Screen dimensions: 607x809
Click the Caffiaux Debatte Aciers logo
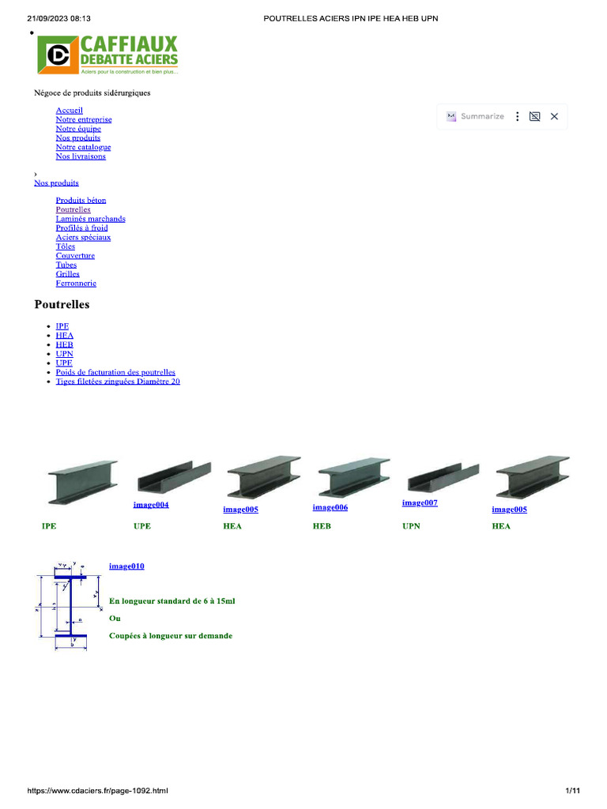point(107,55)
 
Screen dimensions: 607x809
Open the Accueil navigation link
point(70,111)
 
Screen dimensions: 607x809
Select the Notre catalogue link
point(83,147)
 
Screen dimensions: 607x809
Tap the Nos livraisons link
point(81,156)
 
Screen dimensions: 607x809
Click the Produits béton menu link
point(81,200)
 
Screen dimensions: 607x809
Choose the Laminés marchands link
point(90,219)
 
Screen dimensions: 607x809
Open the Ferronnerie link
point(76,284)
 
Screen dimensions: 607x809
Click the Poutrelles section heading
point(62,304)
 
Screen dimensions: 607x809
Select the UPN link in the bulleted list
point(65,354)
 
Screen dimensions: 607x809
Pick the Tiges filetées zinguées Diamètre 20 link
point(118,382)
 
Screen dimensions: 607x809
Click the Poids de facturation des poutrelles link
point(115,372)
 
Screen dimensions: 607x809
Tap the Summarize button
point(475,117)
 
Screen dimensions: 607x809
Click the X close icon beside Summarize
point(554,117)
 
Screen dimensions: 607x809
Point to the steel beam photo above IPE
point(82,482)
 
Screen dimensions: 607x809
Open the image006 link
point(330,508)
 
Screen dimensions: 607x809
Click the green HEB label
point(322,526)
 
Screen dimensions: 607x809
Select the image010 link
point(126,566)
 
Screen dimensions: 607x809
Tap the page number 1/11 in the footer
point(572,790)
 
